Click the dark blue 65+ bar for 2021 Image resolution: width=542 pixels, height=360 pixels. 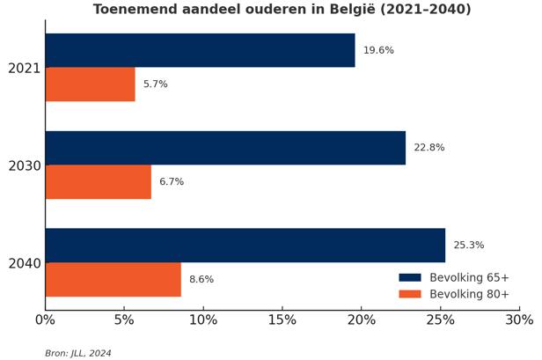pos(200,50)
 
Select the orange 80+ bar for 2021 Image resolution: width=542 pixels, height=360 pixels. pos(90,84)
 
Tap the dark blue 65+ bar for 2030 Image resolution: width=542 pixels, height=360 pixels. pos(225,148)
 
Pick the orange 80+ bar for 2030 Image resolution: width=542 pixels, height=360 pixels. pos(98,182)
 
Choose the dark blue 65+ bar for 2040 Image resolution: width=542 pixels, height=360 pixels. pos(245,246)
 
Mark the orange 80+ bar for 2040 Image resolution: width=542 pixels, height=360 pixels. pos(113,280)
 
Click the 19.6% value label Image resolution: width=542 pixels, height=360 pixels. pos(378,51)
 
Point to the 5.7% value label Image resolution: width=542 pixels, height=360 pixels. pos(155,84)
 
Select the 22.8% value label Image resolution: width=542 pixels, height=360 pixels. pos(428,148)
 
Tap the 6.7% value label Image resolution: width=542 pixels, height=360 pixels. pos(172,182)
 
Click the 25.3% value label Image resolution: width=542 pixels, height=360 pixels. pos(468,246)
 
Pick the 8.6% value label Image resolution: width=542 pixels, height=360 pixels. pos(201,280)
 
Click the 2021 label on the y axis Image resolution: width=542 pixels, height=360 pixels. pos(24,68)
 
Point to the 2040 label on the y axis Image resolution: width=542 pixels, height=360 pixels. pos(24,263)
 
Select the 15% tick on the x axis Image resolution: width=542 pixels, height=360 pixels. pos(282,320)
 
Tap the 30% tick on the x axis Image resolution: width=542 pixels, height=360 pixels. pos(519,320)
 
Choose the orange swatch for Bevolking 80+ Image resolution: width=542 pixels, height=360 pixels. pos(410,294)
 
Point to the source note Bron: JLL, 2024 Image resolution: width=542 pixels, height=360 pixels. pos(78,354)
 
